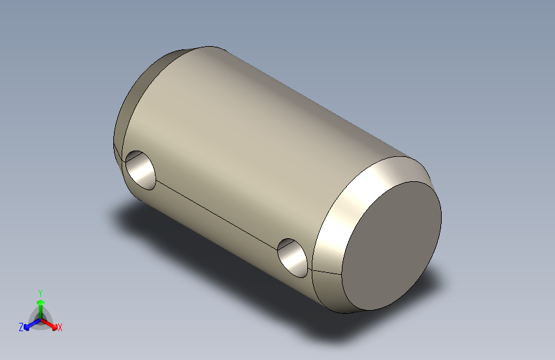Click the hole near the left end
[x=141, y=170]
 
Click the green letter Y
[x=40, y=292]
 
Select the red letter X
[x=60, y=328]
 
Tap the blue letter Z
[x=21, y=327]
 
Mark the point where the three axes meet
[x=40, y=318]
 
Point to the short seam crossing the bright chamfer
[x=327, y=272]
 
